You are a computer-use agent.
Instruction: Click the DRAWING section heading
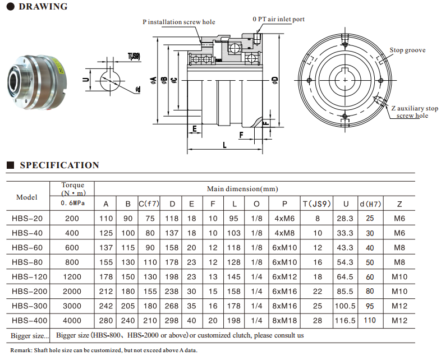tap(43, 7)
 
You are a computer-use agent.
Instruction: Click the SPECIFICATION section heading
tap(59, 165)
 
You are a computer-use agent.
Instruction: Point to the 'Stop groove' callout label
tap(407, 50)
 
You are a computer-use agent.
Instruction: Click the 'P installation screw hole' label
tap(178, 22)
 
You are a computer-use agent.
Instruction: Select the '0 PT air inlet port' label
tap(279, 19)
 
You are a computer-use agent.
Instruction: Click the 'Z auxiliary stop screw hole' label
tap(415, 112)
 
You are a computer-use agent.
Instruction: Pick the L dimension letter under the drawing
tap(224, 145)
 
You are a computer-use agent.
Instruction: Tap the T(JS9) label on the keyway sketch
tap(134, 56)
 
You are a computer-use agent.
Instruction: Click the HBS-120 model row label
tap(27, 277)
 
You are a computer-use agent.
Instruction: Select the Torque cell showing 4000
tap(72, 321)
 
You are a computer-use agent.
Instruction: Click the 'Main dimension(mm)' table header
tap(242, 189)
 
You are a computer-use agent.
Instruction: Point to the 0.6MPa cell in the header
tap(72, 204)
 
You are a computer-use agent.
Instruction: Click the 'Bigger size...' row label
tap(29, 335)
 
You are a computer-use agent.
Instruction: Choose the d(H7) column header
tap(370, 204)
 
